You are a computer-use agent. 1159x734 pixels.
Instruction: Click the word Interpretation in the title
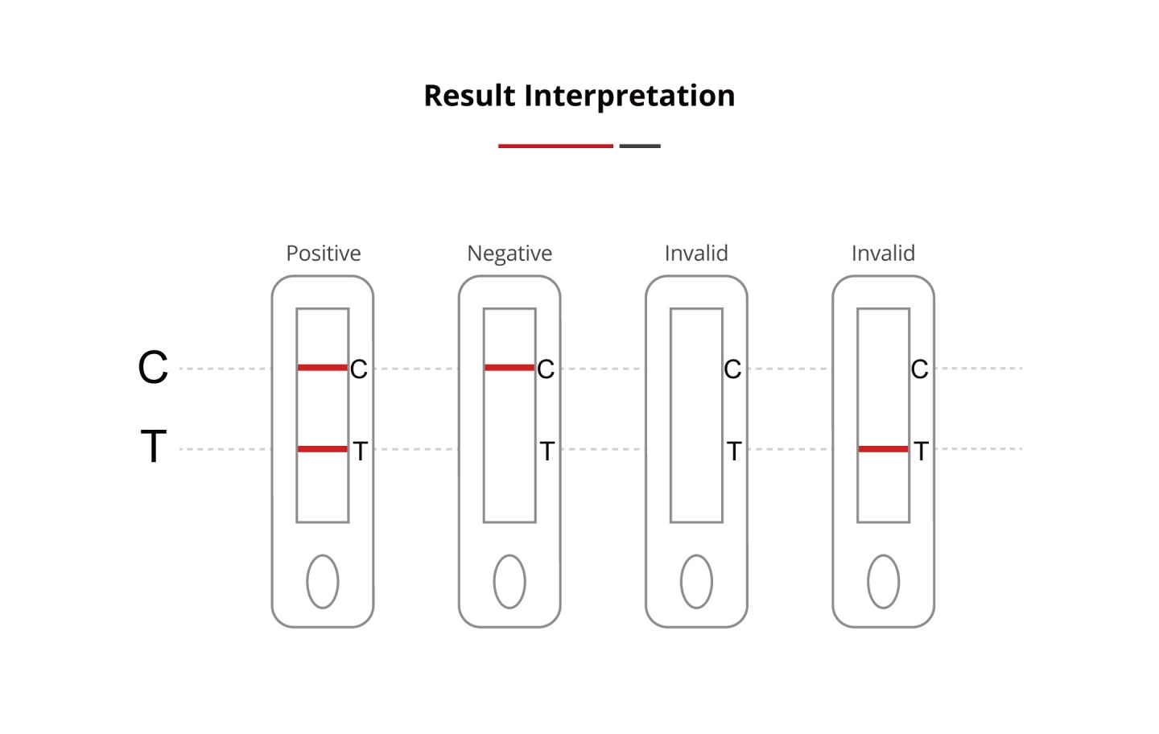click(629, 97)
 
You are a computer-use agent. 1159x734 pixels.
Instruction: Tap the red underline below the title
click(555, 146)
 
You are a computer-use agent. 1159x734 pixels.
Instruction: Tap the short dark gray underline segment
click(640, 146)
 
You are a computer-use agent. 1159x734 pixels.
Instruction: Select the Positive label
click(324, 254)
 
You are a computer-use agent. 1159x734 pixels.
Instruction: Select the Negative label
click(509, 254)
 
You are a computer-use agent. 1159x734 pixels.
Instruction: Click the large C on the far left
click(153, 367)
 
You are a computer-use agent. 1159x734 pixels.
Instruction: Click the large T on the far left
click(154, 446)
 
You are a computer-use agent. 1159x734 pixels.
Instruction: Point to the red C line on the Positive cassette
click(322, 368)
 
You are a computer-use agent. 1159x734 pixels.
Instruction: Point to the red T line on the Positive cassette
click(322, 449)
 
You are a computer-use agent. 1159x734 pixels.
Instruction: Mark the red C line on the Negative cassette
click(509, 368)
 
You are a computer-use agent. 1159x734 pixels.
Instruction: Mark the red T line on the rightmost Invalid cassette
click(883, 449)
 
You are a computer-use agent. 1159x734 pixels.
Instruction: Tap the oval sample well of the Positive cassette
click(323, 582)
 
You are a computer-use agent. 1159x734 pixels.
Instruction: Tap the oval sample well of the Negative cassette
click(509, 582)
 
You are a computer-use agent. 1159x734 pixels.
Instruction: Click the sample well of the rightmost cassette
click(884, 582)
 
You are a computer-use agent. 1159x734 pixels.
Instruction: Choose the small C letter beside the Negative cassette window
click(546, 369)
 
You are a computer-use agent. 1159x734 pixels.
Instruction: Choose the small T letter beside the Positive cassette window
click(360, 451)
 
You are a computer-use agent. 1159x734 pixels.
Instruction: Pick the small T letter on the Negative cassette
click(547, 451)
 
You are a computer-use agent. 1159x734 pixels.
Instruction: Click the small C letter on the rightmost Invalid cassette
click(919, 369)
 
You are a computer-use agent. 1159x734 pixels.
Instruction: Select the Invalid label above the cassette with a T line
click(883, 254)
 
